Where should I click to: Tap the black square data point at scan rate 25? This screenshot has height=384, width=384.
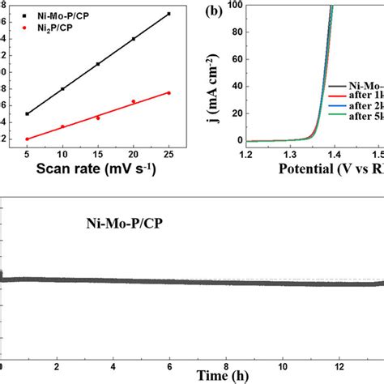169,14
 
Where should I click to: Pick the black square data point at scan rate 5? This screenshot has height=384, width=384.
28,113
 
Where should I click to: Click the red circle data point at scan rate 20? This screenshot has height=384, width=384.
134,101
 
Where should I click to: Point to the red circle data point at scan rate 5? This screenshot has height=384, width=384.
28,139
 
